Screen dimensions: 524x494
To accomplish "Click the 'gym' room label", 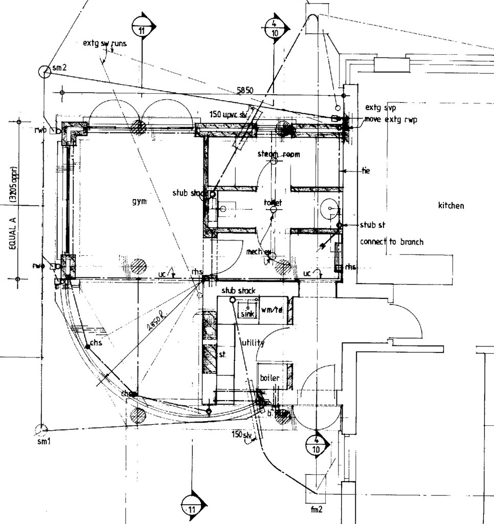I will pos(139,202).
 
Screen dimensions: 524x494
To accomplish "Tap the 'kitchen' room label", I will pos(451,206).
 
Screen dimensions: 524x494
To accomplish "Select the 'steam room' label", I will pos(278,154).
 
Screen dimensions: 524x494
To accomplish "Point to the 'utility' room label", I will pos(253,343).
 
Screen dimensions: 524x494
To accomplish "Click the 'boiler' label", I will pos(270,378).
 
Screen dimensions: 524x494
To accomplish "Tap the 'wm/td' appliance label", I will pos(272,310).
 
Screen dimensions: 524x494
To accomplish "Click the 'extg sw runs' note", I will pos(104,43).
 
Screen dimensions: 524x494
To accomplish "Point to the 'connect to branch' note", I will pos(392,242).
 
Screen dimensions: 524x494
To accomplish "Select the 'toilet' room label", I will pos(273,203).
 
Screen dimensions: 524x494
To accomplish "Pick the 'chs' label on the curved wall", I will pos(96,342).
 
